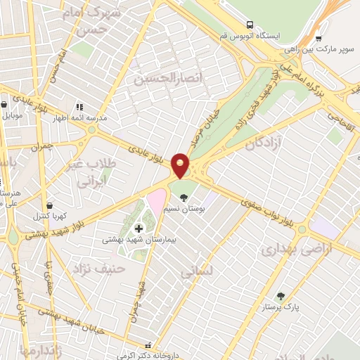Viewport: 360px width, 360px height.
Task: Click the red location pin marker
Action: (x=181, y=165)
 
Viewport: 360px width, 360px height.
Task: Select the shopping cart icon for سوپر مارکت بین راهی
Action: (x=319, y=39)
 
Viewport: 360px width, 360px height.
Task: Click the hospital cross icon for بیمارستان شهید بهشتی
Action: (x=139, y=228)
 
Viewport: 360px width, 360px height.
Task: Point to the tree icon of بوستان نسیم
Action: (x=184, y=197)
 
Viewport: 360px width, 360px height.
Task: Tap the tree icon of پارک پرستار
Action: (x=281, y=296)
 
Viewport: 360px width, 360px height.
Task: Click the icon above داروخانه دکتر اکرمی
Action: (x=148, y=345)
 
